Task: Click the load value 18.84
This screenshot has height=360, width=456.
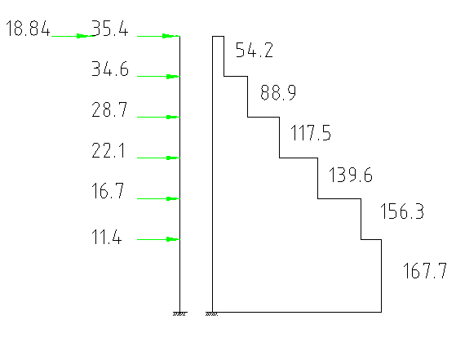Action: pos(28,29)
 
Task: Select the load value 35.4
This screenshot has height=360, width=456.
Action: pos(110,29)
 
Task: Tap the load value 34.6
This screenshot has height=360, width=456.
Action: pos(110,69)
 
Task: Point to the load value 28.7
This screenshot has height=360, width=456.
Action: pos(109,109)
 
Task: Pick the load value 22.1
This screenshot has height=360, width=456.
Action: pos(108,150)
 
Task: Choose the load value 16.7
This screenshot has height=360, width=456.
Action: pos(108,191)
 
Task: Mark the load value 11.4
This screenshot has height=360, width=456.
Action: pos(106,236)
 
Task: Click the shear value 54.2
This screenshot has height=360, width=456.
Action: pos(255,50)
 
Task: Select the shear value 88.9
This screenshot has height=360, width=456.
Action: pos(278,92)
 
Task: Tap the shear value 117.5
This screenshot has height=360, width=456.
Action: pos(311,133)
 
